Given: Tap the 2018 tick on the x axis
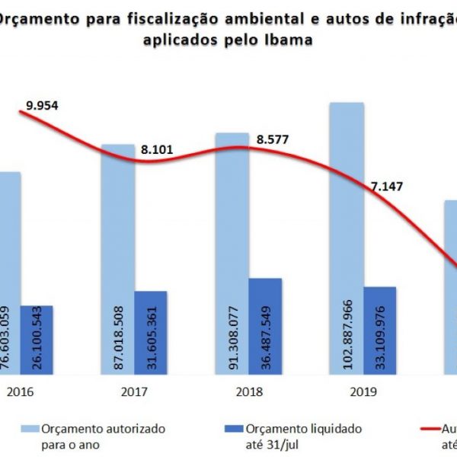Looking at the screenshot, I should (x=249, y=395).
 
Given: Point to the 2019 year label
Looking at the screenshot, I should (x=363, y=395).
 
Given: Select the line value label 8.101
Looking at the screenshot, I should (x=157, y=150).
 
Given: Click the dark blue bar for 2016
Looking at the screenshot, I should (x=37, y=340).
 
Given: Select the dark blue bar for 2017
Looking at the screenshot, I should (x=151, y=332).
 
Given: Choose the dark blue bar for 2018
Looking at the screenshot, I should (x=265, y=326).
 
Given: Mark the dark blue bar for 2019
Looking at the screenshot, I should (x=379, y=331).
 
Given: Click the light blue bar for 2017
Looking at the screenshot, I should (x=118, y=259).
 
